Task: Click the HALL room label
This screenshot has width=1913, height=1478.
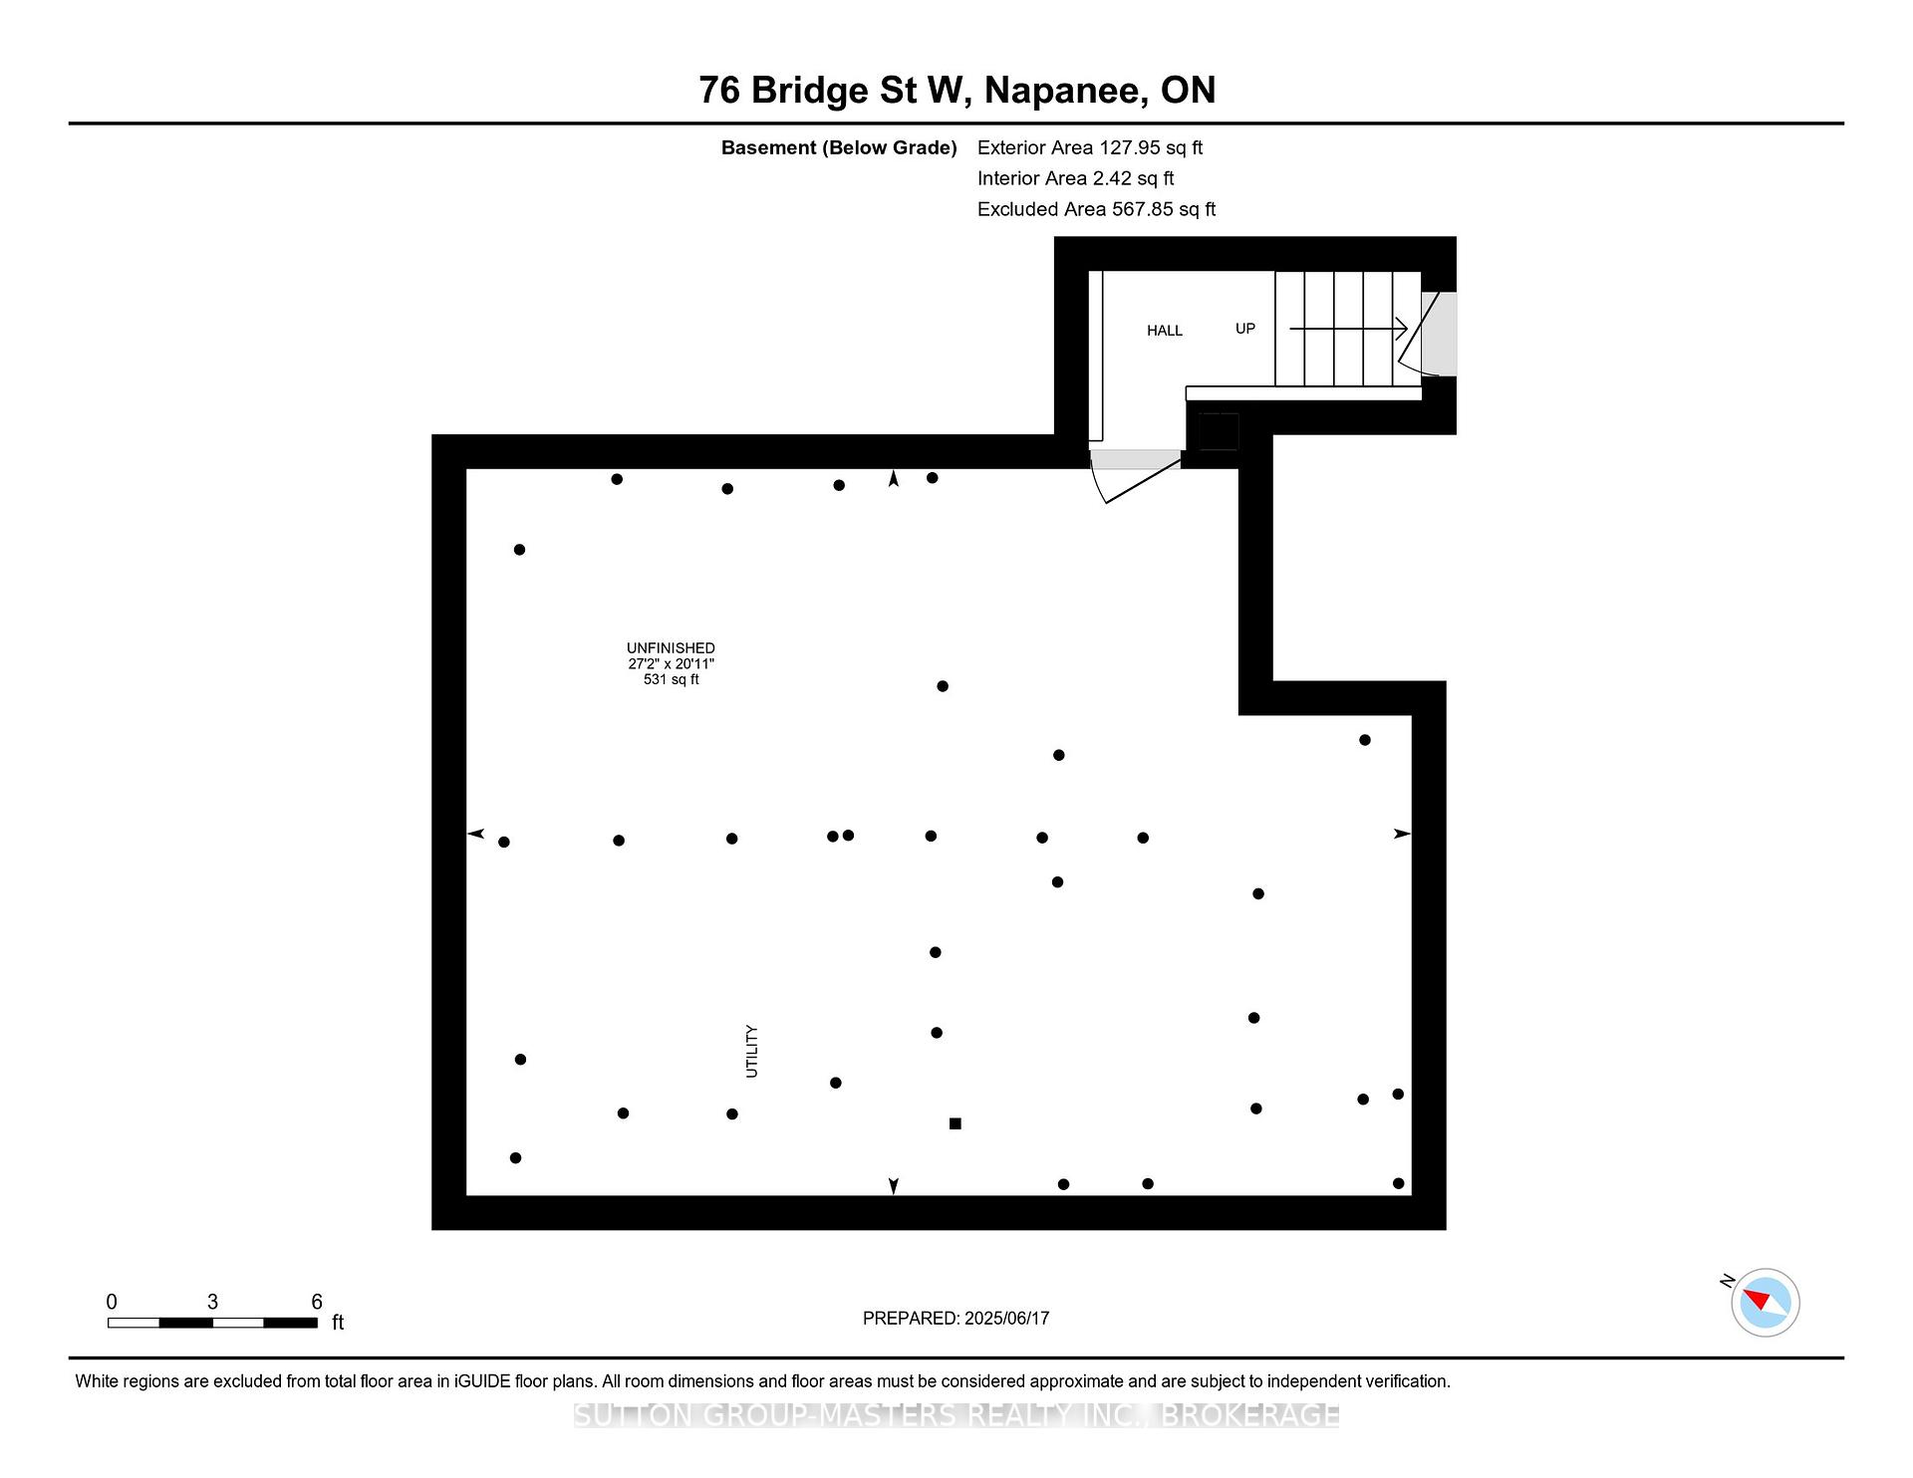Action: click(x=1164, y=331)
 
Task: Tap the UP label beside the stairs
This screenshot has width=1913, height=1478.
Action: click(x=1245, y=329)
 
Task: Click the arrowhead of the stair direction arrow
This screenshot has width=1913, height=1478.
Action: click(x=1401, y=328)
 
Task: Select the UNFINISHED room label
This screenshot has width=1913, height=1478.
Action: click(x=671, y=648)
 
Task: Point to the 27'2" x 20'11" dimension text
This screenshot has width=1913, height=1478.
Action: click(x=671, y=663)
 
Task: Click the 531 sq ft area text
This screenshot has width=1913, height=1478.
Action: click(x=671, y=679)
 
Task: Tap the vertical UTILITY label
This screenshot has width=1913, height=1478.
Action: click(x=752, y=1052)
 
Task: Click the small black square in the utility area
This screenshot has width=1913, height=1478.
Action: click(x=955, y=1123)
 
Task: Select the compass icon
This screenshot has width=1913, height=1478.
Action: click(x=1765, y=1302)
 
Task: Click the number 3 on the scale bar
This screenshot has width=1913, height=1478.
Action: click(x=212, y=1302)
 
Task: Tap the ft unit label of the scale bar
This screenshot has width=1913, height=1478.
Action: click(x=338, y=1323)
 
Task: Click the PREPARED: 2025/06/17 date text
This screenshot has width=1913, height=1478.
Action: click(x=956, y=1319)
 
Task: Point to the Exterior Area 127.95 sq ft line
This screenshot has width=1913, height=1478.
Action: click(x=1090, y=147)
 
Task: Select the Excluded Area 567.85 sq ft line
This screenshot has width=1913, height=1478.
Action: click(x=1096, y=209)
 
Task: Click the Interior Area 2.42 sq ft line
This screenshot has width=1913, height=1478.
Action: click(x=1075, y=178)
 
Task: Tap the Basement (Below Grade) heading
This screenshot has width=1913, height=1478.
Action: click(x=839, y=147)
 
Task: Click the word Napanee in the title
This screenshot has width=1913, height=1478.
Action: click(x=1063, y=91)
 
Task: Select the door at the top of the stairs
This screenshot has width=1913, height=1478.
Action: click(x=1427, y=335)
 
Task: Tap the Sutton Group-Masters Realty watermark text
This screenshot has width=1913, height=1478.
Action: click(x=956, y=1415)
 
